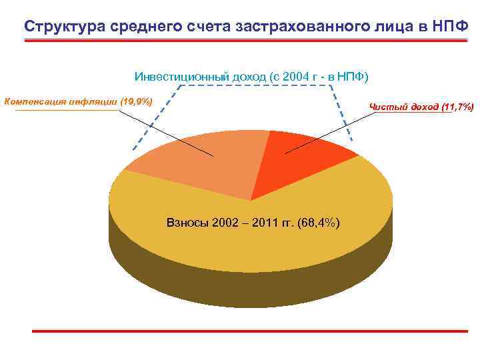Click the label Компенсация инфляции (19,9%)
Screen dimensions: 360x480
coord(79,102)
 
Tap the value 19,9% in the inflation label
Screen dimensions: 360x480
coord(136,102)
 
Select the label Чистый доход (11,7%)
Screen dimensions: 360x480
coord(421,107)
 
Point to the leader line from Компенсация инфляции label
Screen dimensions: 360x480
coord(167,133)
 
